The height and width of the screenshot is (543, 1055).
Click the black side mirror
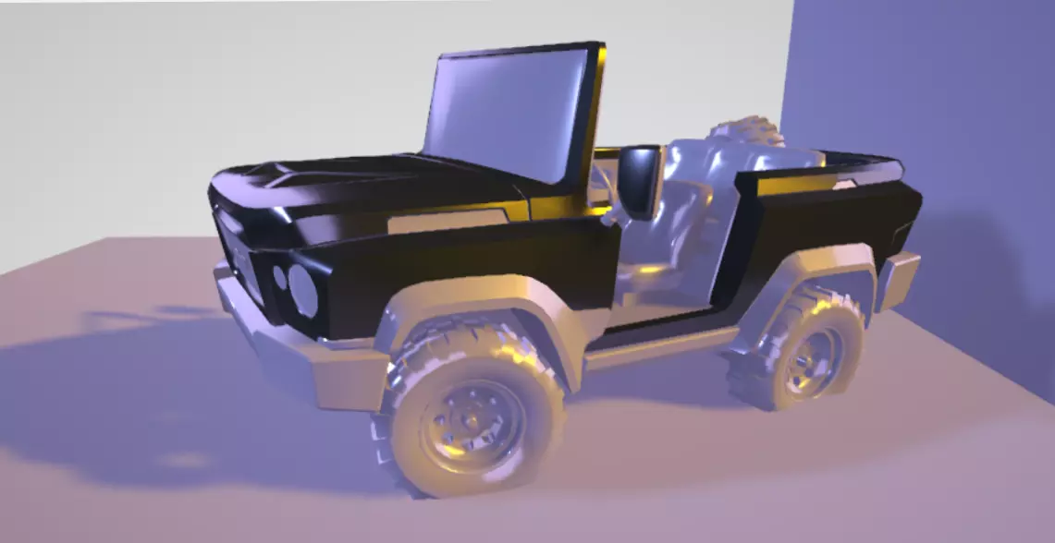[x=639, y=179]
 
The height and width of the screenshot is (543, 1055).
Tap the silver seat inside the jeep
[x=670, y=231]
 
